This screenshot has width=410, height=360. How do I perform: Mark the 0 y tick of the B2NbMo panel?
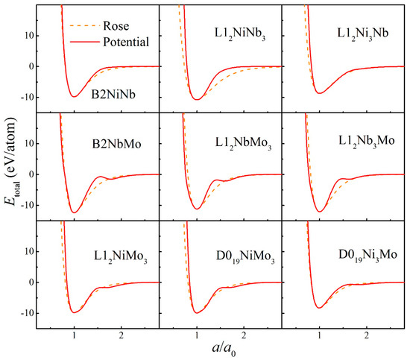(x=34, y=174)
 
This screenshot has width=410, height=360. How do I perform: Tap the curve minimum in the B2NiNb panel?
(x=74, y=96)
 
